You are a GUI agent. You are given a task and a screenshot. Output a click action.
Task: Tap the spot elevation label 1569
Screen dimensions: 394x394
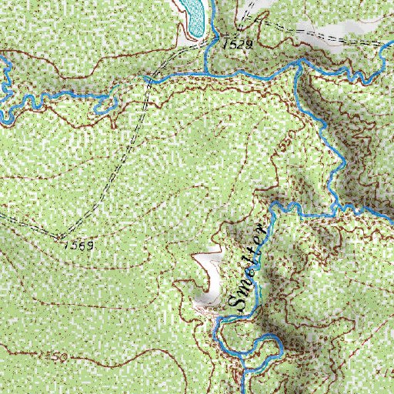click(x=78, y=245)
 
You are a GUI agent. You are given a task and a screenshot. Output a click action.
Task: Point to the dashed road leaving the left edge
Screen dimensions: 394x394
click(x=3, y=215)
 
